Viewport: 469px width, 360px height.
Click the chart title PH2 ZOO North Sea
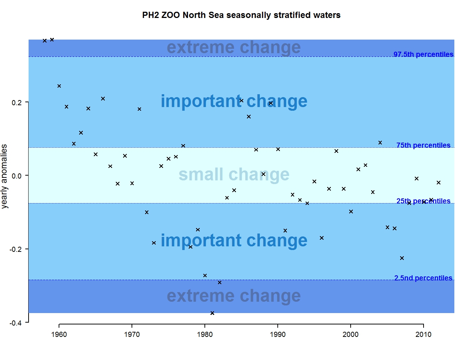point(241,15)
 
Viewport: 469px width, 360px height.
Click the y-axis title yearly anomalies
point(4,176)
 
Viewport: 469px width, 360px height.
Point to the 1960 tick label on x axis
point(59,334)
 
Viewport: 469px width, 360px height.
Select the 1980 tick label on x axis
point(205,334)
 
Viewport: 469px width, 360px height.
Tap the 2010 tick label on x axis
point(423,334)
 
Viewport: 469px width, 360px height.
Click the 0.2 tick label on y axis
point(16,102)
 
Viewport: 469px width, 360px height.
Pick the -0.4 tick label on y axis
point(15,323)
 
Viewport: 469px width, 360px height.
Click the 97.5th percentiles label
point(423,54)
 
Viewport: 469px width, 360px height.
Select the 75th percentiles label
point(423,145)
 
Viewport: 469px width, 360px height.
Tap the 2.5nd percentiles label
point(423,278)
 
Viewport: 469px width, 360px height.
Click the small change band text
point(234,175)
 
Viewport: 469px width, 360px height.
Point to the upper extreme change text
point(234,47)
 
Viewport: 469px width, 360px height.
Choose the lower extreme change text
point(234,296)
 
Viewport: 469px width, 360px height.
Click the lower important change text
point(234,240)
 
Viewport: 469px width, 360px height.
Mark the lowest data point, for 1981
point(212,313)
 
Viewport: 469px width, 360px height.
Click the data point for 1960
point(59,86)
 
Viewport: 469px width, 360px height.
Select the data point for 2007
point(402,258)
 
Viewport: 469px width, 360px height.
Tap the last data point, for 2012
point(439,183)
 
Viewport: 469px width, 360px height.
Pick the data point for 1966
point(103,99)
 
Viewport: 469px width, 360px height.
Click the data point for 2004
point(380,143)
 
